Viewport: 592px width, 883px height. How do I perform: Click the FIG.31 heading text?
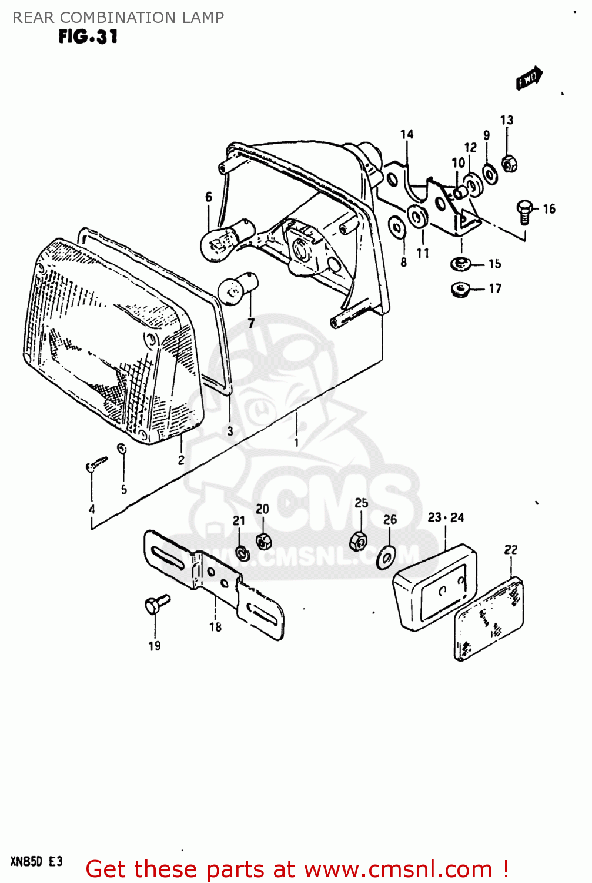pos(88,36)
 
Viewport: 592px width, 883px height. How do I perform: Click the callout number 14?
pos(407,134)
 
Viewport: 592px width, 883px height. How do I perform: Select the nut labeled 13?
pos(509,162)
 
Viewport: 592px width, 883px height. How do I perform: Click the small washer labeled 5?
pos(122,449)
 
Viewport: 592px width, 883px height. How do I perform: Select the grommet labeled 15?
pos(460,263)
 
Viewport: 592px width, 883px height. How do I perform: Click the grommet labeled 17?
pos(459,289)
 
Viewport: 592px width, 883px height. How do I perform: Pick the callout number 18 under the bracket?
pos(216,627)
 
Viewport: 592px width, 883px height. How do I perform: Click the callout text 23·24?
pos(446,517)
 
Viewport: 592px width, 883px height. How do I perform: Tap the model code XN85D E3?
pos(36,862)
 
